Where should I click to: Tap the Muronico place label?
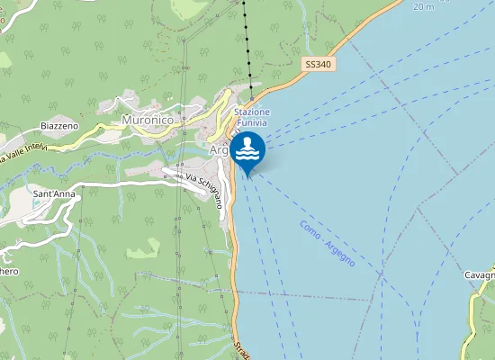[147, 120]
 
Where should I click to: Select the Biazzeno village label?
[59, 126]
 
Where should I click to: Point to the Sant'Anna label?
[56, 193]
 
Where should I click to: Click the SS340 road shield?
[319, 65]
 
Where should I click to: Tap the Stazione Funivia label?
[252, 117]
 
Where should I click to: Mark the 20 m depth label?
[422, 6]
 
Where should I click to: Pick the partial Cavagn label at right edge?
[480, 274]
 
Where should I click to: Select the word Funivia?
[252, 122]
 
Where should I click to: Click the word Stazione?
[252, 112]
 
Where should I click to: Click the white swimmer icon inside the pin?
[247, 147]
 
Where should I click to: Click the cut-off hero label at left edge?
[8, 271]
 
